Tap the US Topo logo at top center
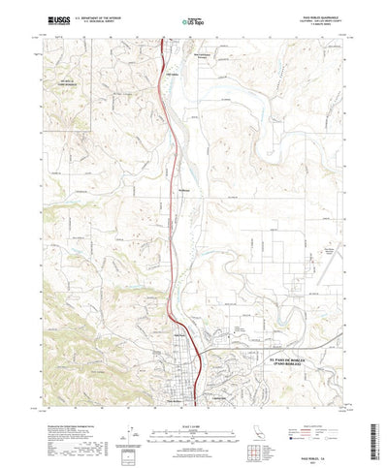[194, 18]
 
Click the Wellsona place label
[183, 190]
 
